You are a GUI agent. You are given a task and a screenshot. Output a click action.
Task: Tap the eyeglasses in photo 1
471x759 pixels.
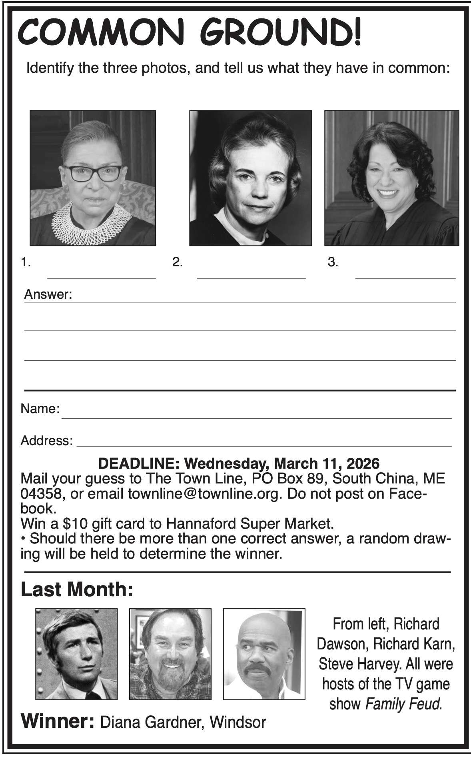[92, 174]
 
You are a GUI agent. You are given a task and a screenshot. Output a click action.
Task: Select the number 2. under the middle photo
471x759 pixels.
[177, 262]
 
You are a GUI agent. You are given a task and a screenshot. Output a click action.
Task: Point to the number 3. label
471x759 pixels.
[333, 262]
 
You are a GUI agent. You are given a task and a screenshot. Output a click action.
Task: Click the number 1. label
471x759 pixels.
[26, 262]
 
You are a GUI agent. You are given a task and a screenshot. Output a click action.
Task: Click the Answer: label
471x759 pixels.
[48, 295]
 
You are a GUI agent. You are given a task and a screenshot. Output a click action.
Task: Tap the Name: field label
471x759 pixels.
[40, 409]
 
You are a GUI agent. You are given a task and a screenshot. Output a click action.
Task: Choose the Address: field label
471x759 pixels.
[46, 441]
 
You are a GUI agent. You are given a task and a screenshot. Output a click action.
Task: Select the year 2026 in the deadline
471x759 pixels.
[363, 463]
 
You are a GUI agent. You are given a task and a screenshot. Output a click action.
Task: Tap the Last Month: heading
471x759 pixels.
[76, 589]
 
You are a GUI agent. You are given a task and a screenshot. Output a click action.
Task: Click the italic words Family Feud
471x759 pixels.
[404, 703]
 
